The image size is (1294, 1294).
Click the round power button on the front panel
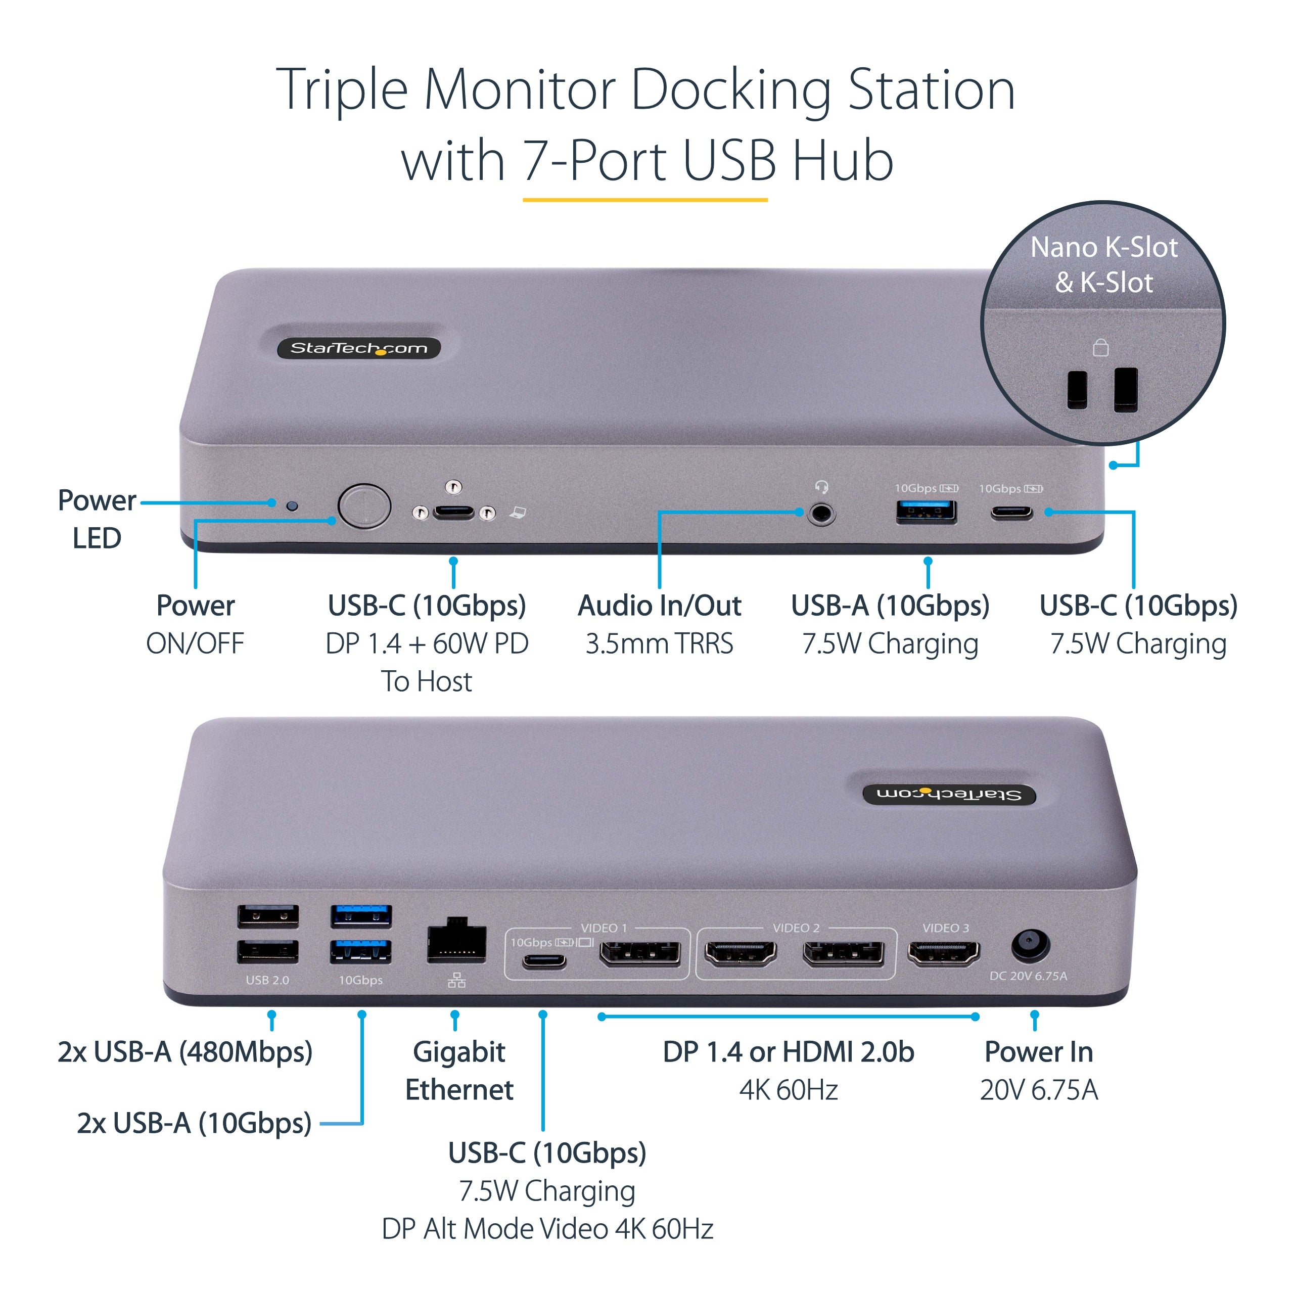(x=364, y=506)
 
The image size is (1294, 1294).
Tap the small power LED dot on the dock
(x=292, y=505)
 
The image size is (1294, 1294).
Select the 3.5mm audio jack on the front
(x=821, y=515)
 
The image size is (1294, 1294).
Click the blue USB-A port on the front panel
(x=927, y=512)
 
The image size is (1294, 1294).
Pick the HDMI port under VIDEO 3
(x=943, y=952)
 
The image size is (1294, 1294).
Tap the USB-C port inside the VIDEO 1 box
(x=544, y=962)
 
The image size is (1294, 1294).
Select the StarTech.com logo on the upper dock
(x=359, y=348)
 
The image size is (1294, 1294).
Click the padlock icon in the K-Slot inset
(x=1100, y=348)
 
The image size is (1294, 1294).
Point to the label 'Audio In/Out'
(x=659, y=606)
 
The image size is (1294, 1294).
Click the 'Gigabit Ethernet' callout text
(x=459, y=1070)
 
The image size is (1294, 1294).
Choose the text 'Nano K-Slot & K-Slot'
(x=1104, y=264)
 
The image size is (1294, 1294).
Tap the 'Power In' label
(x=1038, y=1051)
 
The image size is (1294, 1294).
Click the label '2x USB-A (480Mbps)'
(x=185, y=1051)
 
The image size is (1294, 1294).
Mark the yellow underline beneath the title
(x=644, y=200)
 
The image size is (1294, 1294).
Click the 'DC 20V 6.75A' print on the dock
(x=1028, y=976)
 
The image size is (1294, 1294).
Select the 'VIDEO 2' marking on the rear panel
(x=796, y=928)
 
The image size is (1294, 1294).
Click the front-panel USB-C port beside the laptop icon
(x=453, y=514)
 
